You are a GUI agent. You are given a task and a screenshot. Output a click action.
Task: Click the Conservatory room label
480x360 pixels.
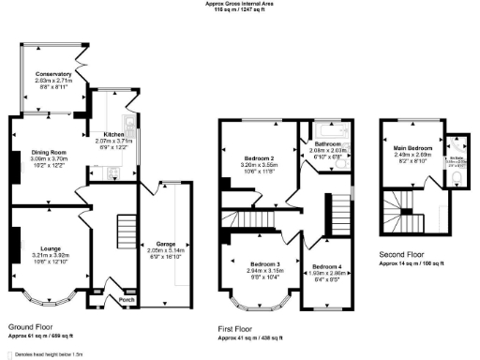point(54,74)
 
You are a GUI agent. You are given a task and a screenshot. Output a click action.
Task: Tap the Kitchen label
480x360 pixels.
point(113,134)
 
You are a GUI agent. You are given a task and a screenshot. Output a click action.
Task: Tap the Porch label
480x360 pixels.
point(113,300)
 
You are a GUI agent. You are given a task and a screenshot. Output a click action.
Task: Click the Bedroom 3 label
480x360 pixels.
point(262,265)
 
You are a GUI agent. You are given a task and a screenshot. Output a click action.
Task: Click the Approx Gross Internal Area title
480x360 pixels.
point(239,3)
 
